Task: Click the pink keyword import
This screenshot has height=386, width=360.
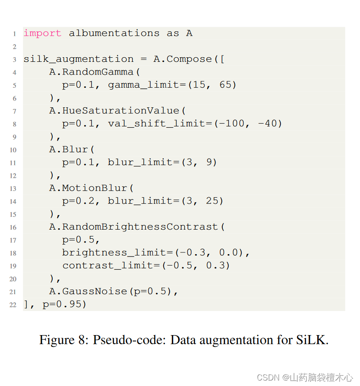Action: click(42, 33)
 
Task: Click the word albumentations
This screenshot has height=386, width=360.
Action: click(114, 33)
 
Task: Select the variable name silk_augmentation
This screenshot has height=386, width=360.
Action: click(79, 59)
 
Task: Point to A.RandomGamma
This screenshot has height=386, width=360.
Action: click(92, 72)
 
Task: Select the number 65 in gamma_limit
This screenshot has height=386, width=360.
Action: click(225, 85)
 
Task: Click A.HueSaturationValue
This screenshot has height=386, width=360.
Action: click(115, 110)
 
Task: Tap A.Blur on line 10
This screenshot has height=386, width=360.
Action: click(69, 149)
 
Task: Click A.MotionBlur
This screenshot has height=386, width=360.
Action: click(89, 188)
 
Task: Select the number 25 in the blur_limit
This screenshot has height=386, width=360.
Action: click(212, 201)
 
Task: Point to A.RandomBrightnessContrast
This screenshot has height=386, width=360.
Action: click(134, 226)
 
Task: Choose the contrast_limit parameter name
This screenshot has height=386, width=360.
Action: click(108, 265)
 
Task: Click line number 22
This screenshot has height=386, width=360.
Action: click(13, 305)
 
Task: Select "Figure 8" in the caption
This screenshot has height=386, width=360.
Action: click(63, 340)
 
